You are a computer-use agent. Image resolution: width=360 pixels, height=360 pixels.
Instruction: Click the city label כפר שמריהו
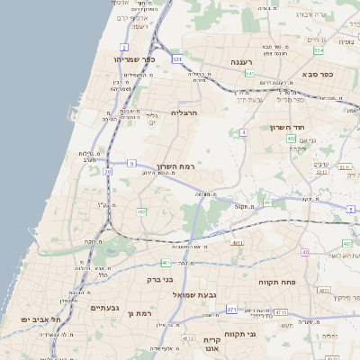click(135, 58)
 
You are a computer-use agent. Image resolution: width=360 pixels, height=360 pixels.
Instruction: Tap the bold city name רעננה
click(240, 61)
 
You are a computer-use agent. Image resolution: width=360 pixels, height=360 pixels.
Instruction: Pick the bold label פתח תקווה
click(278, 282)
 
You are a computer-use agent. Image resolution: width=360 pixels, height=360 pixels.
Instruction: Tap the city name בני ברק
click(160, 279)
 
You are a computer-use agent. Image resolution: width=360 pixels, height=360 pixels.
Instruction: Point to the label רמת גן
click(141, 313)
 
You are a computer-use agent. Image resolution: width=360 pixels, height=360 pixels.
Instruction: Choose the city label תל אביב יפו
click(41, 319)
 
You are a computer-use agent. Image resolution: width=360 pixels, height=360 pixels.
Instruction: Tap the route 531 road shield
click(177, 58)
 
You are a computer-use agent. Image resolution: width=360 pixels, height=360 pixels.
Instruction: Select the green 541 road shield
click(249, 73)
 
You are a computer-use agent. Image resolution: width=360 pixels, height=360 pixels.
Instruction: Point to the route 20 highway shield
click(108, 170)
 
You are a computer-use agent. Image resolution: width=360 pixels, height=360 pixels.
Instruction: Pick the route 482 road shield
click(141, 211)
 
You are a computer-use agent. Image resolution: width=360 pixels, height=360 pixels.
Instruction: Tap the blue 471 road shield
click(231, 309)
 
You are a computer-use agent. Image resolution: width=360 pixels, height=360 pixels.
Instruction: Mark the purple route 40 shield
click(305, 252)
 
